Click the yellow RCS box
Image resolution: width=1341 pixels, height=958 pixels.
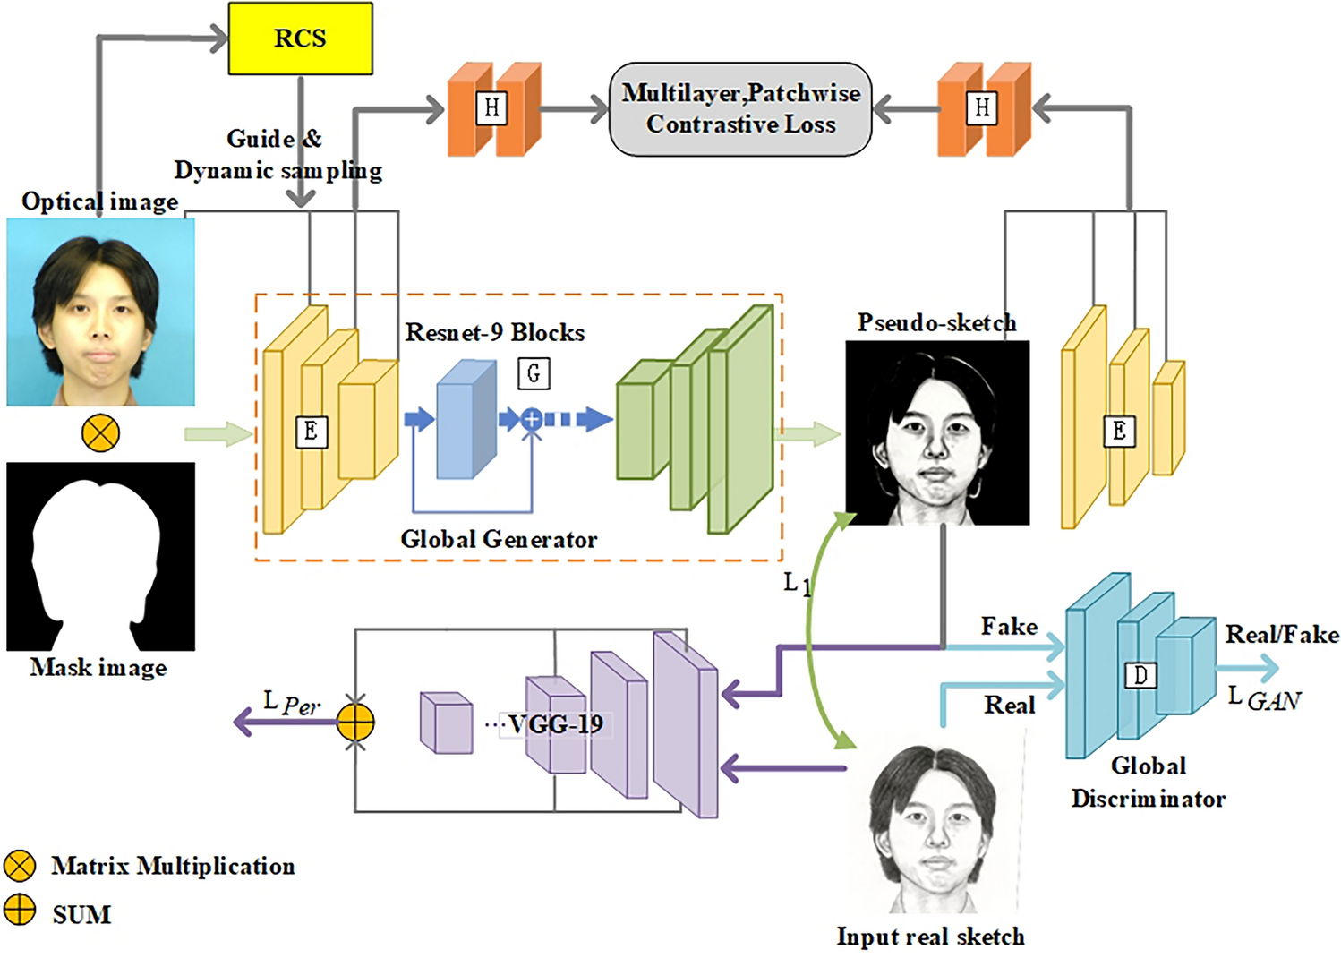point(300,38)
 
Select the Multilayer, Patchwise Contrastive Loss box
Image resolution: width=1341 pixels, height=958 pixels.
point(740,109)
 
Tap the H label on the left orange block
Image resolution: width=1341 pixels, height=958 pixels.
point(491,108)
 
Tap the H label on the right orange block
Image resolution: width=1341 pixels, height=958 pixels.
point(982,108)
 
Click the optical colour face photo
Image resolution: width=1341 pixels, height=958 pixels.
point(100,312)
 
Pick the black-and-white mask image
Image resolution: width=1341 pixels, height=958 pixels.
point(100,556)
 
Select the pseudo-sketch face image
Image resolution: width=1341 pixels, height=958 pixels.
point(937,432)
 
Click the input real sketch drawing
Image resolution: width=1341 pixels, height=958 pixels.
point(934,828)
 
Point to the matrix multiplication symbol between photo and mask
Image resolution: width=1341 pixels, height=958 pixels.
point(100,433)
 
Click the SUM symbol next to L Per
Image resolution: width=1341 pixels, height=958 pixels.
point(355,722)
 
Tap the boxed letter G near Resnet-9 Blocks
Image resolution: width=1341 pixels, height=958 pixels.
point(534,373)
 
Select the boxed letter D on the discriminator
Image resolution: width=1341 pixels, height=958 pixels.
point(1140,675)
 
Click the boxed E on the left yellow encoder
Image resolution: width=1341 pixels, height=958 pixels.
point(312,432)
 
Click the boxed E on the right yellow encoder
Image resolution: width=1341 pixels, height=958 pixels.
point(1119,432)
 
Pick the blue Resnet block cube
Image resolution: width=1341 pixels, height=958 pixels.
point(466,419)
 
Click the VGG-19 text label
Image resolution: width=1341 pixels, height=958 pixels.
point(555,724)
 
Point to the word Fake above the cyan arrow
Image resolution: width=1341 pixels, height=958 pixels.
point(1009,626)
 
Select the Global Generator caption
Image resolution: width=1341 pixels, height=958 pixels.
point(498,539)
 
